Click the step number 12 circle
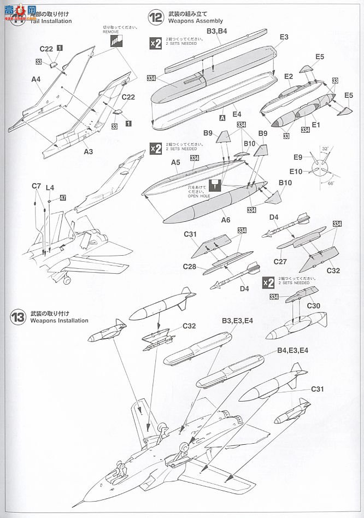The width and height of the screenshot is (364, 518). [156, 18]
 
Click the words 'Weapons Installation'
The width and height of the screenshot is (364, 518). [59, 321]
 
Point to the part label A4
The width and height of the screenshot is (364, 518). [36, 79]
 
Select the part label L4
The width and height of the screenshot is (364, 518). [50, 187]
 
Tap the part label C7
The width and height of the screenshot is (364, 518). [36, 186]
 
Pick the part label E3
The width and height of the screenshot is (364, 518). [284, 37]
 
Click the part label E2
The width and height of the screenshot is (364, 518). [289, 76]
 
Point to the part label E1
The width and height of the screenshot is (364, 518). [315, 125]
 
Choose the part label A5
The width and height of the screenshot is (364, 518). [175, 162]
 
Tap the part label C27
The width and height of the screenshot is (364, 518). [280, 262]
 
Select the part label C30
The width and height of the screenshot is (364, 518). [313, 306]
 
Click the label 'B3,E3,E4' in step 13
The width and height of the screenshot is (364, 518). [237, 321]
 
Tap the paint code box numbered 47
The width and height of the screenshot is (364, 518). [63, 197]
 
